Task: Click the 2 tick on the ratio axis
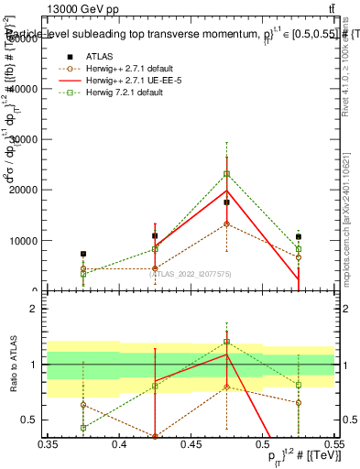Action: click(x=40, y=309)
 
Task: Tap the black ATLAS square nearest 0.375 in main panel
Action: click(x=83, y=254)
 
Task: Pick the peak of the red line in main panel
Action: click(x=226, y=191)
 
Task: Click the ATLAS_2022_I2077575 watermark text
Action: click(x=162, y=273)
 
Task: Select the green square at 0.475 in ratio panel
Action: click(x=226, y=342)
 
